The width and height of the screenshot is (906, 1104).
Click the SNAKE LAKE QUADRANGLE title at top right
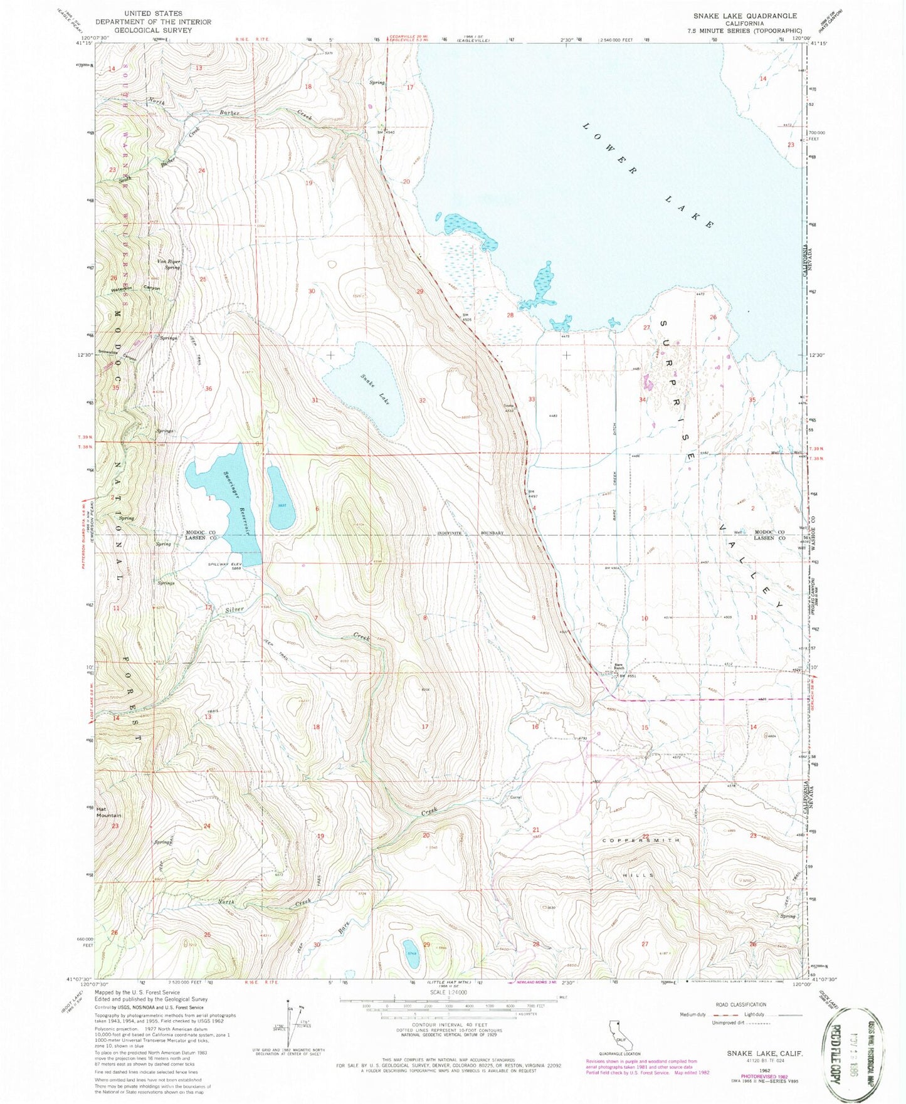[745, 16]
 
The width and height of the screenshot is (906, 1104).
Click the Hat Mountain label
[108, 812]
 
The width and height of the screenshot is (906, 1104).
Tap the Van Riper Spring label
[169, 264]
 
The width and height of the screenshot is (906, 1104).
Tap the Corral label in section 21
[515, 797]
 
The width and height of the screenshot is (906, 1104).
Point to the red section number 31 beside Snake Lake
[315, 400]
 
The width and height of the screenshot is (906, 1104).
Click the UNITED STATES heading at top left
[153, 13]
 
